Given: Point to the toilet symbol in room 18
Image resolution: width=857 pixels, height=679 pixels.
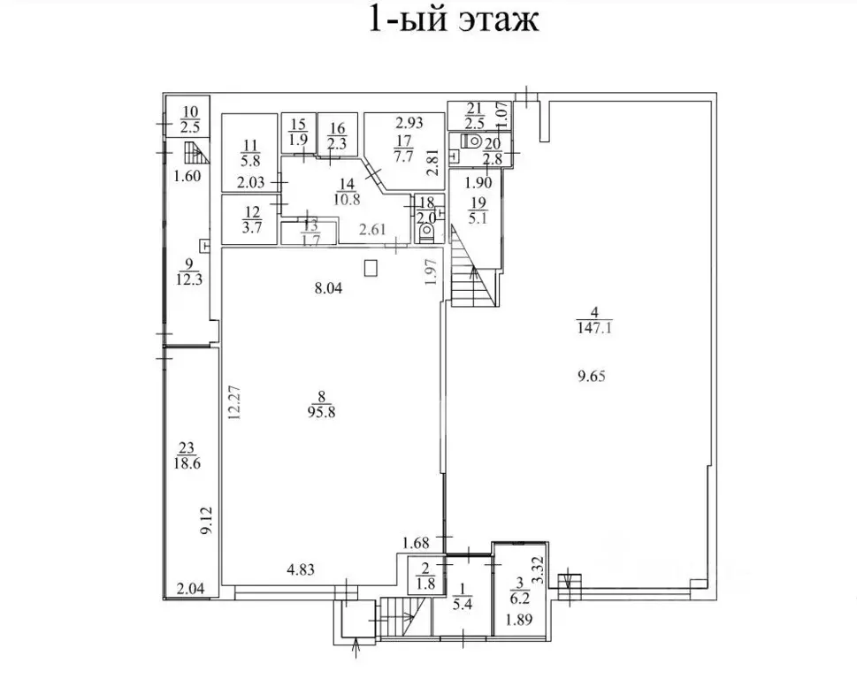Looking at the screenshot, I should [x=426, y=233].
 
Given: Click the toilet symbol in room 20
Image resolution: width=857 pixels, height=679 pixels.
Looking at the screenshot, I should [x=474, y=141].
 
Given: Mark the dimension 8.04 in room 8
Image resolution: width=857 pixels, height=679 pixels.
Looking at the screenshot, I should [x=326, y=288].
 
